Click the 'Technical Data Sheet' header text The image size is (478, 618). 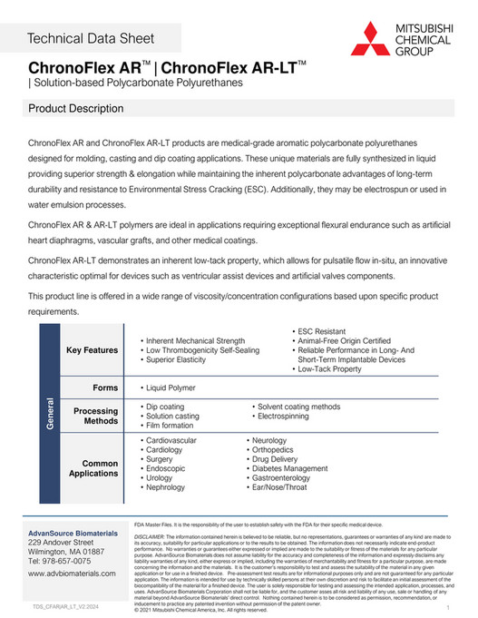click(91, 37)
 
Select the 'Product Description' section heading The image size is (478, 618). click(77, 109)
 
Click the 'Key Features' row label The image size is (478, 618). click(93, 350)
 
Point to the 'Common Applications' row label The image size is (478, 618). click(94, 469)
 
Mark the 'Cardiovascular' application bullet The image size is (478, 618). click(171, 440)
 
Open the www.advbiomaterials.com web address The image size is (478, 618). click(76, 574)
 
